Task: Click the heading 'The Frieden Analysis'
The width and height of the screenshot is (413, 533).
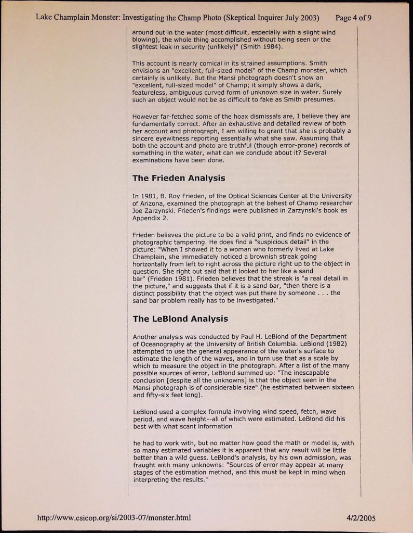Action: pos(179,178)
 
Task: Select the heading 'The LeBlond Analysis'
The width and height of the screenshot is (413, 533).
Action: pos(180,319)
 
